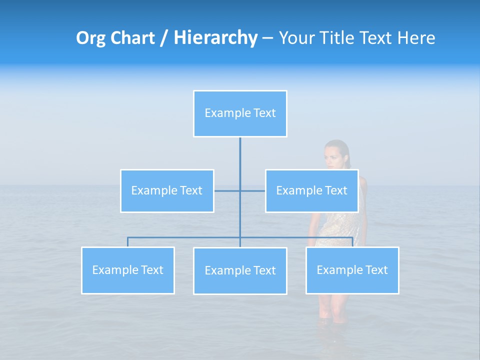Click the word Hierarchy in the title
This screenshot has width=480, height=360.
pos(215,38)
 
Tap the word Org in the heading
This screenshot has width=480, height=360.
pos(90,38)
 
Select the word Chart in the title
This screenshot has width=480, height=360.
pos(131,38)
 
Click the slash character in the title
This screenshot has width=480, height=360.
pos(163,38)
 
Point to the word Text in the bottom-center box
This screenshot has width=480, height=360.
pos(264,270)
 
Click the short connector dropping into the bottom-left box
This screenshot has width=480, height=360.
pos(127,242)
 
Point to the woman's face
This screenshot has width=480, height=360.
pos(334,155)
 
